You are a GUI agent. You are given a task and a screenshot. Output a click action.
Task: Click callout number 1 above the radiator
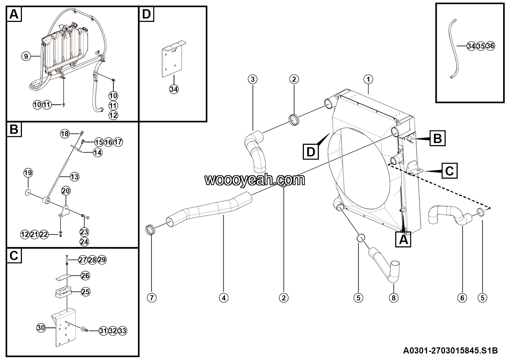368,79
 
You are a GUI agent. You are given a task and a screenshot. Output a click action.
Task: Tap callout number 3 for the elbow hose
252,79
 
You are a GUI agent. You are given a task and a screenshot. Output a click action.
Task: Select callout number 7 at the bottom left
151,298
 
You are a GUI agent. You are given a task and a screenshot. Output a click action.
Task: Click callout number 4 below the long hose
223,298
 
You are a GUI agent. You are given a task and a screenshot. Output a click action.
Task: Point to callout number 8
393,298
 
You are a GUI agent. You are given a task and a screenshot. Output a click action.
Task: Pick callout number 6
462,298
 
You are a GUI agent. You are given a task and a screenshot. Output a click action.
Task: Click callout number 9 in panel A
26,56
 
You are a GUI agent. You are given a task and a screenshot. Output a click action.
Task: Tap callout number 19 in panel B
28,173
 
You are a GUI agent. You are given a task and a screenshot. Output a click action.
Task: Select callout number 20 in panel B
66,191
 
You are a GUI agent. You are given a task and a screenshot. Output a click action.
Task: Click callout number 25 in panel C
86,292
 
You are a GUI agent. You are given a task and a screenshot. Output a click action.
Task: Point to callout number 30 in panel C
41,328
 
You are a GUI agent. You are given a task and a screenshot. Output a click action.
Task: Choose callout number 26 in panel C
86,275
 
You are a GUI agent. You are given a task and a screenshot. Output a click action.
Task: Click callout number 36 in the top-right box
490,46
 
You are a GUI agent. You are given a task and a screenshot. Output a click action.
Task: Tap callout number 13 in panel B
74,177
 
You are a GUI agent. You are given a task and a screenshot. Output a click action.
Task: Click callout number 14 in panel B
98,152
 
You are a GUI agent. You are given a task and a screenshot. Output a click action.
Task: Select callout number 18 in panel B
65,133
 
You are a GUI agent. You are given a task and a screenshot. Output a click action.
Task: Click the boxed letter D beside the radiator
311,152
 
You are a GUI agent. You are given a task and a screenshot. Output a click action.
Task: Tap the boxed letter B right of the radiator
437,139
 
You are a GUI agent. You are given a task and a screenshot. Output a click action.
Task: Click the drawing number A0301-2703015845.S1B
450,350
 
